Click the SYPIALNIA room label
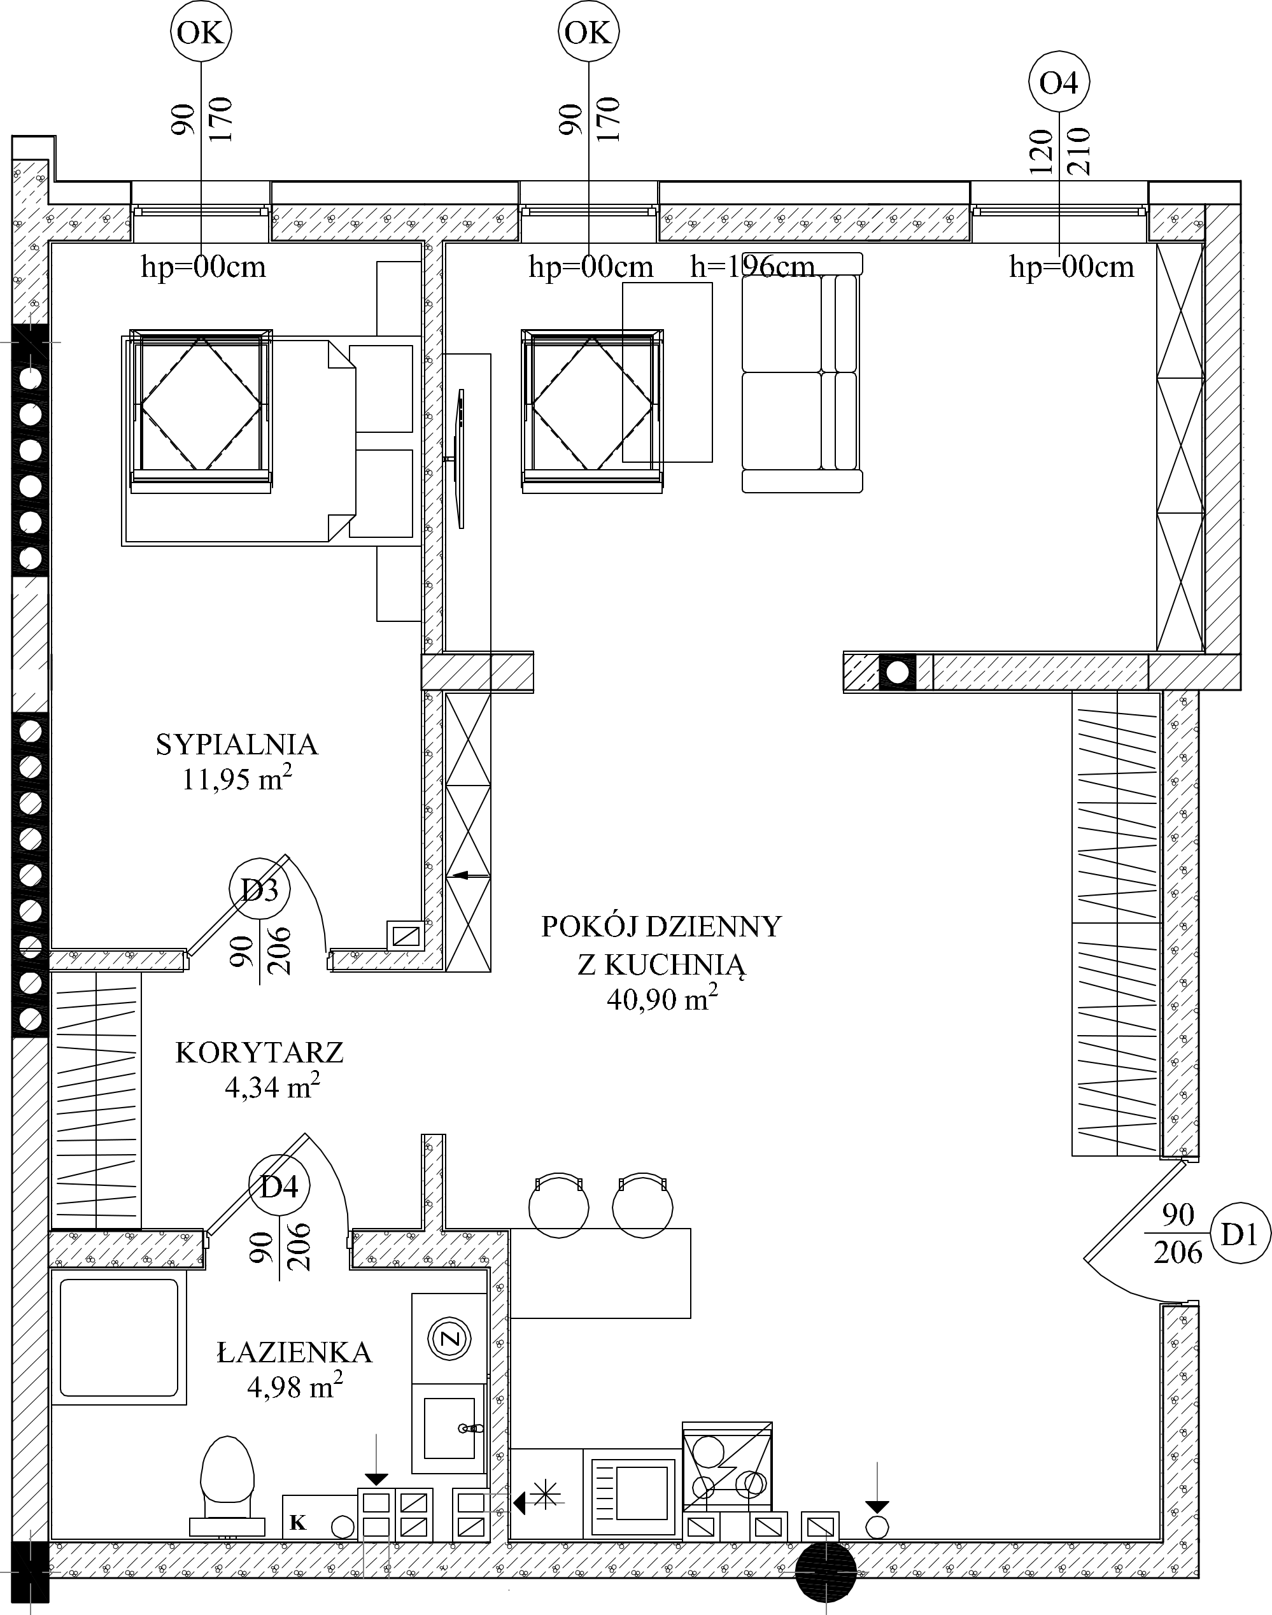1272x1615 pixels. point(237,745)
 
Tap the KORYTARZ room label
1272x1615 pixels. point(259,1053)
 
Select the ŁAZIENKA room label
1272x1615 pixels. point(294,1351)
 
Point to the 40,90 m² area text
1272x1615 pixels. point(662,998)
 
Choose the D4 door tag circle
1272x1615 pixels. point(279,1185)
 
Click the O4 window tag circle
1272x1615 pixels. point(1059,82)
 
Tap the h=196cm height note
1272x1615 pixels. point(752,266)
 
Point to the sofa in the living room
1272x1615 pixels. point(802,372)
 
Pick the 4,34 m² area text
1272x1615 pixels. point(272,1087)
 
